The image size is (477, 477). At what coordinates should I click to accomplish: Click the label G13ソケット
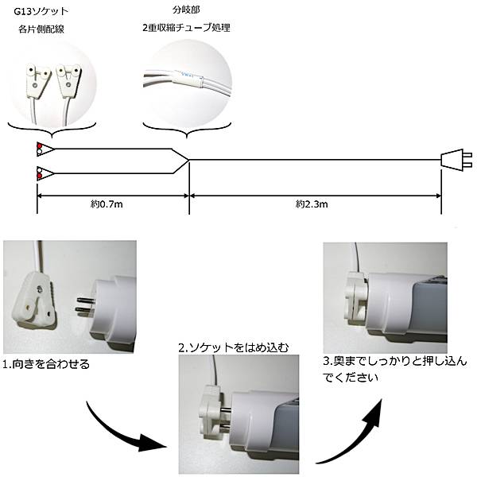click(x=41, y=11)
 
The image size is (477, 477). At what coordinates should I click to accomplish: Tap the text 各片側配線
click(x=41, y=29)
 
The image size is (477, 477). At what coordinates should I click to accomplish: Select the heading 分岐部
click(x=186, y=10)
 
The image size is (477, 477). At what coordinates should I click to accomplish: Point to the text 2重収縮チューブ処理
click(x=186, y=28)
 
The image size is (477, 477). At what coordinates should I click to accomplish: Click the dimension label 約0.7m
click(x=107, y=204)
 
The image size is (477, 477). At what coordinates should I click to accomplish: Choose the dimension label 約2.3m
click(x=312, y=204)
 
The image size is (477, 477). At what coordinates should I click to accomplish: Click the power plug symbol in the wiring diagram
click(x=456, y=160)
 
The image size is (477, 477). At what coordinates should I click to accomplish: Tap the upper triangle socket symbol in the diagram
click(x=45, y=149)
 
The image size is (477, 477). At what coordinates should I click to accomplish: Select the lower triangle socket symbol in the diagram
click(x=45, y=173)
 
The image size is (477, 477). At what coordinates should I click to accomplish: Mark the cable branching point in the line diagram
click(x=188, y=160)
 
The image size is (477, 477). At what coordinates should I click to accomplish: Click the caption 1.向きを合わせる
click(x=46, y=364)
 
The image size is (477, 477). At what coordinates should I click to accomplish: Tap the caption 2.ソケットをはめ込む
click(x=233, y=347)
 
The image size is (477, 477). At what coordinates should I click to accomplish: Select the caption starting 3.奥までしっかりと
click(x=395, y=370)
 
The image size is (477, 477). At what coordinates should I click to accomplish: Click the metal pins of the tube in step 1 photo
click(x=86, y=305)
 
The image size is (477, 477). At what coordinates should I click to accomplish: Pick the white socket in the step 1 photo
click(x=34, y=299)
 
